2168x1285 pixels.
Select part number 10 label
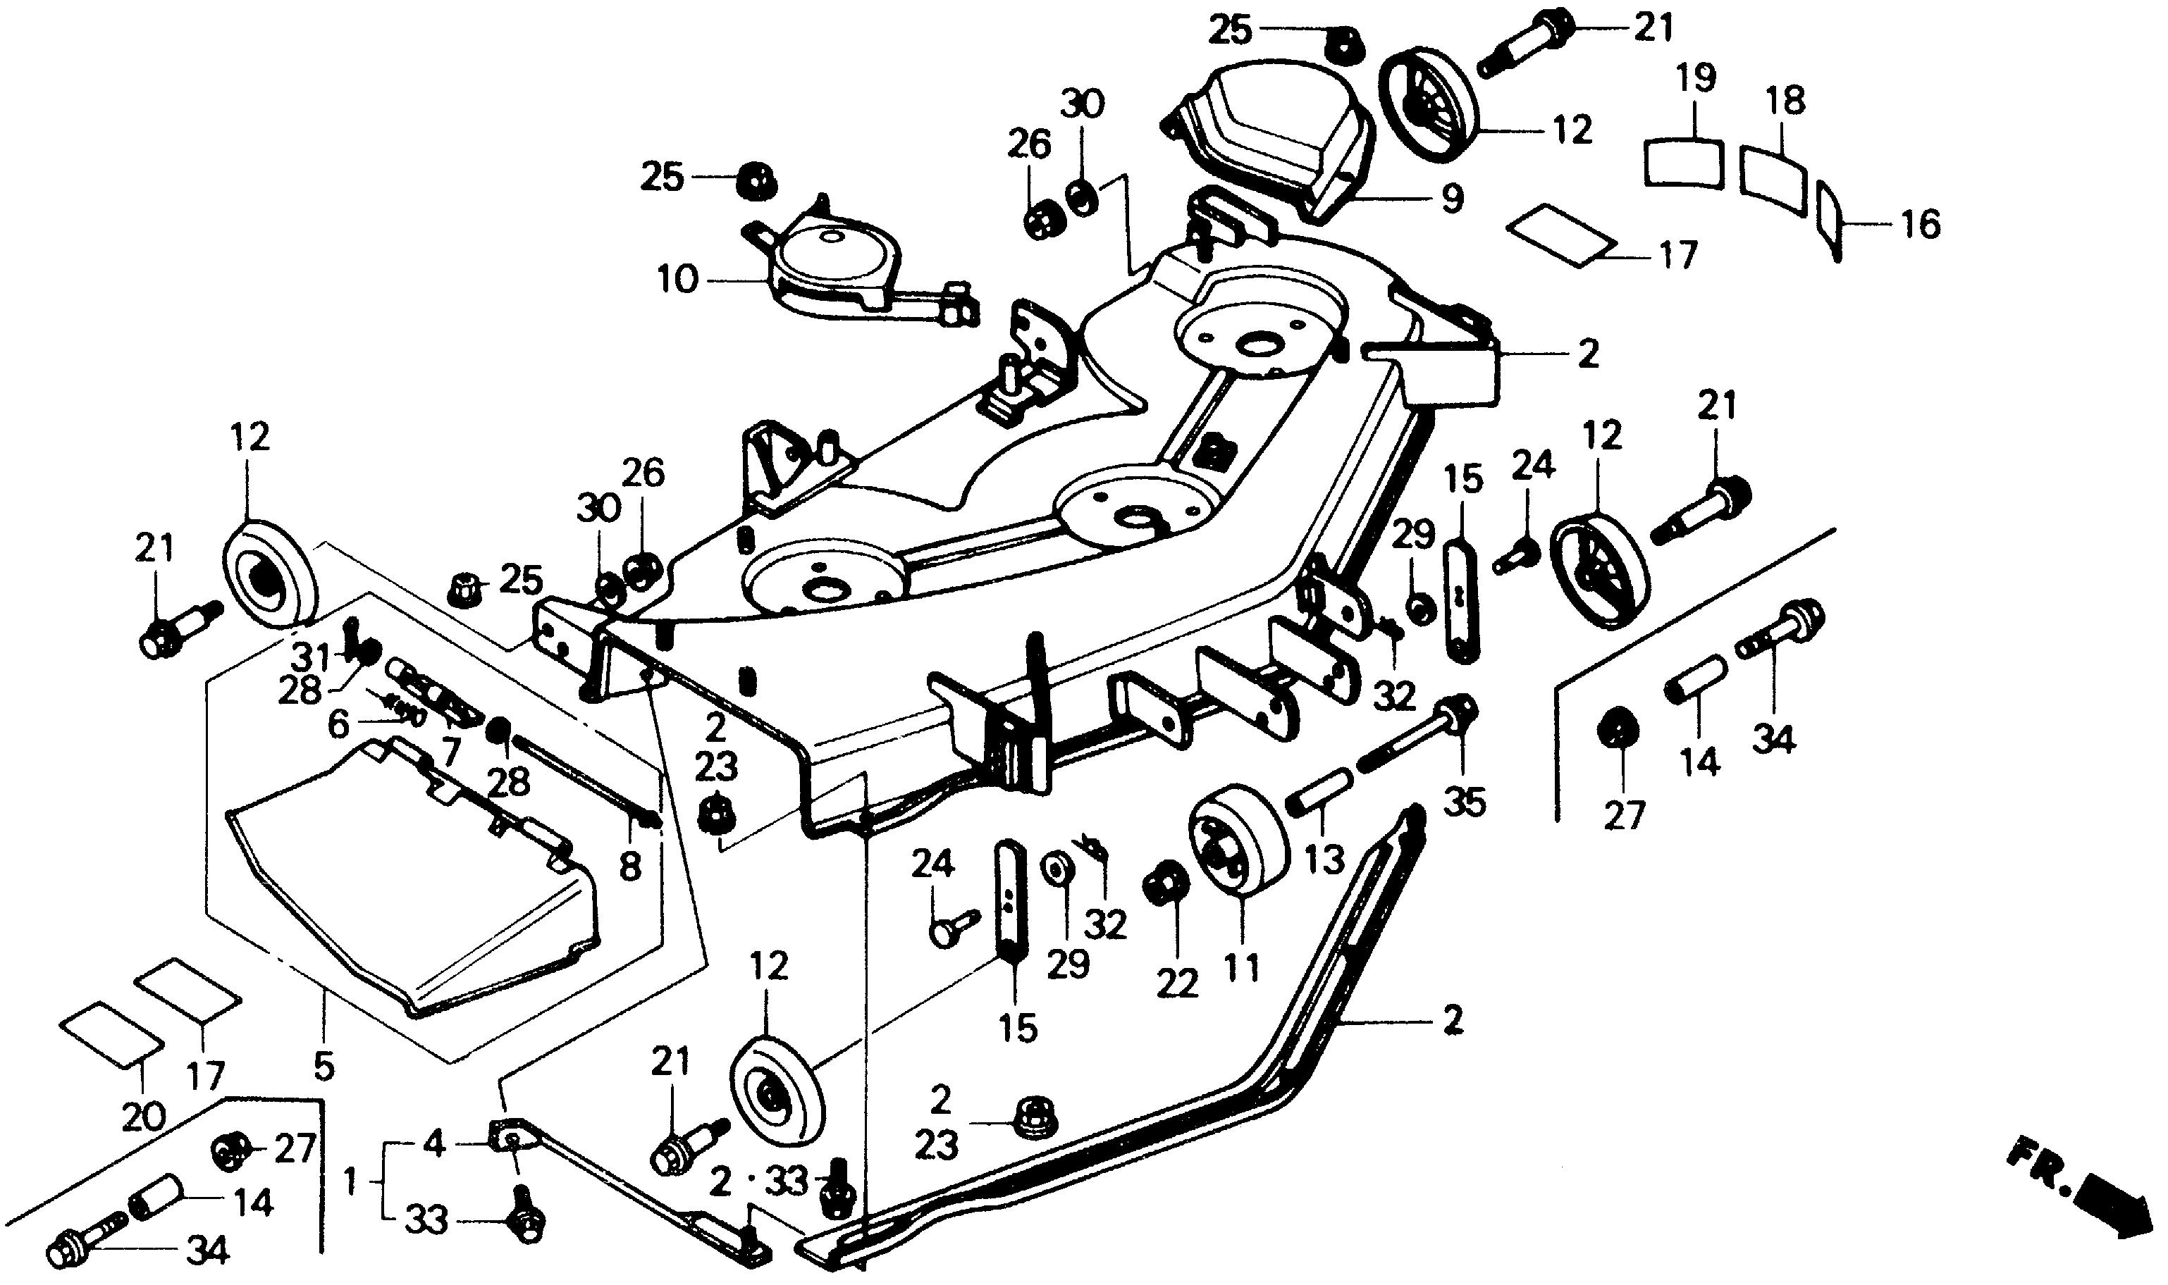coord(677,280)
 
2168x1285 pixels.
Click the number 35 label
coord(1464,802)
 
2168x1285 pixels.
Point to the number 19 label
coord(1694,80)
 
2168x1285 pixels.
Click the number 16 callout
coord(1921,225)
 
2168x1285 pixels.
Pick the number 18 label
coord(1785,101)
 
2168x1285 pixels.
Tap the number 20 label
coord(143,1117)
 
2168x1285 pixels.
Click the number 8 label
coord(629,866)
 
